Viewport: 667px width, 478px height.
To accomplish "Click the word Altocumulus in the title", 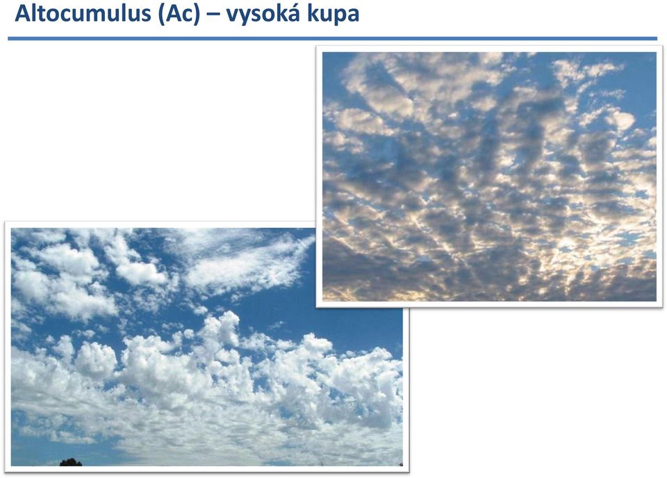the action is (83, 13).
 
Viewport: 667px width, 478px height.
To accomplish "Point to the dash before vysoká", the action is (213, 15).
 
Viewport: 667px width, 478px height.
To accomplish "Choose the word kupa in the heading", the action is (333, 15).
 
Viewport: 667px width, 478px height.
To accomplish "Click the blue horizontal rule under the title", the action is (332, 39).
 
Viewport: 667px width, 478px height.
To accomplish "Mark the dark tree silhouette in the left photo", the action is (71, 462).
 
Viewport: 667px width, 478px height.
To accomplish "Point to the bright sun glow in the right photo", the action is (568, 245).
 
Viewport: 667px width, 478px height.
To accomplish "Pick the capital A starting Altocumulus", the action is (23, 13).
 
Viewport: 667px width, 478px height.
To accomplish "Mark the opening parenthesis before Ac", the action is (161, 15).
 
